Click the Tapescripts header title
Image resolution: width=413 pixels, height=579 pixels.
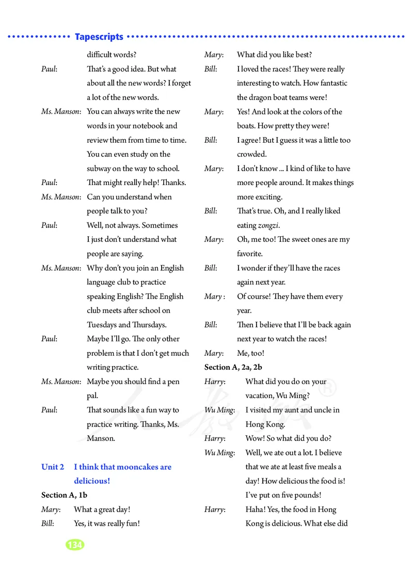(99, 37)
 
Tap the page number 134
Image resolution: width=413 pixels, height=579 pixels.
(75, 544)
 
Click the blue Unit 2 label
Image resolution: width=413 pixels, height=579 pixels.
(53, 467)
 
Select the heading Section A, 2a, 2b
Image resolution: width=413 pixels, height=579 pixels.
(233, 367)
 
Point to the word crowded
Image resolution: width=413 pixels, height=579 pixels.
(251, 154)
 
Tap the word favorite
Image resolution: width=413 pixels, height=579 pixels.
(250, 254)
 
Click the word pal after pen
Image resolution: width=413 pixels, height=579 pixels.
(92, 395)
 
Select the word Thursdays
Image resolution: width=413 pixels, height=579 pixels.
(150, 325)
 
